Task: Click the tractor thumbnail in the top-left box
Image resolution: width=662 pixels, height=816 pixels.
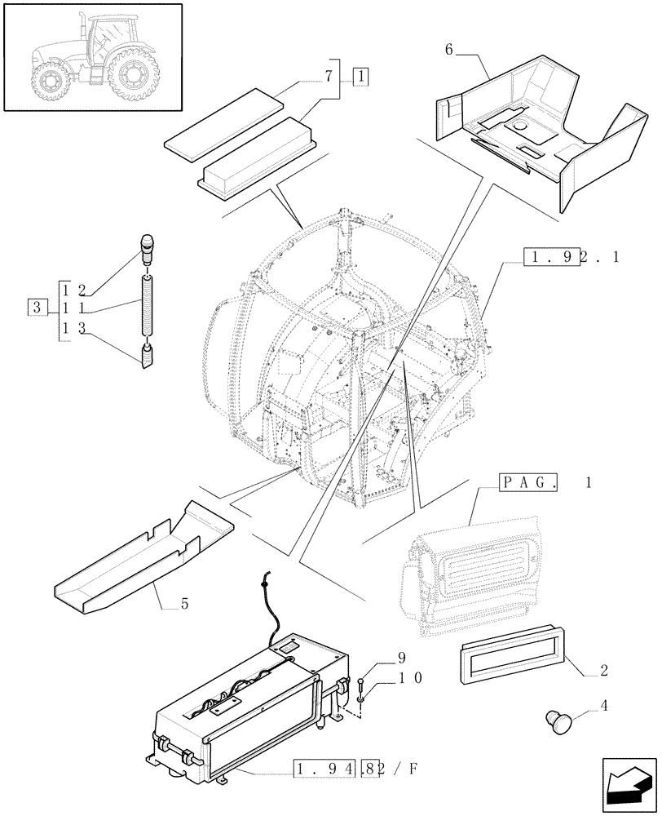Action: [x=91, y=56]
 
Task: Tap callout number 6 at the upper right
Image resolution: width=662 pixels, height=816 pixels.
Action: [x=449, y=50]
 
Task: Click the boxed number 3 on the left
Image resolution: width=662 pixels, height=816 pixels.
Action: [x=36, y=307]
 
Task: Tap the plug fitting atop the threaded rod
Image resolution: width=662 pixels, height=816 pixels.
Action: [x=148, y=247]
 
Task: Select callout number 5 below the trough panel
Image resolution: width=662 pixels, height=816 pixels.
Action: [x=185, y=605]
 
